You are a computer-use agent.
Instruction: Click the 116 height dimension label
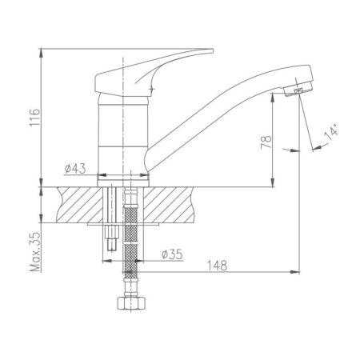click(35, 118)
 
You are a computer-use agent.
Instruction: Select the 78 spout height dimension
click(266, 142)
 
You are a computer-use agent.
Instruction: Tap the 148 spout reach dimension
click(217, 266)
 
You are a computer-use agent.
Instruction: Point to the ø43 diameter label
click(75, 169)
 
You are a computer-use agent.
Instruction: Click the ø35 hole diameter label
click(172, 254)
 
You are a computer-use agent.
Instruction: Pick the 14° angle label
click(331, 131)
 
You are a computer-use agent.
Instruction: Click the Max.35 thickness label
click(35, 251)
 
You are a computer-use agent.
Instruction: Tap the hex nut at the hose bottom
click(131, 303)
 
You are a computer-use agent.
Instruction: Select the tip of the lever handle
click(213, 50)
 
